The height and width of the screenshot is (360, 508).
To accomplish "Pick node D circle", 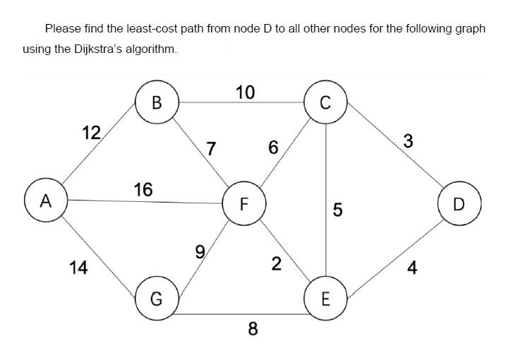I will point(459,205).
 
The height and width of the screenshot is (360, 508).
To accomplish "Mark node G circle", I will point(157,299).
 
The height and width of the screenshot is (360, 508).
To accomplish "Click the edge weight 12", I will point(90,132).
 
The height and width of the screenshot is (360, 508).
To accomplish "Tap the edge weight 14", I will point(79,268).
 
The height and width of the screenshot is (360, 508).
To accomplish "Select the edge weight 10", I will point(246,92).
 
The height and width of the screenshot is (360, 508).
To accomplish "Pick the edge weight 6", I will point(273,148).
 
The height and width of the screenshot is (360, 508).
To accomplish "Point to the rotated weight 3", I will point(408,140).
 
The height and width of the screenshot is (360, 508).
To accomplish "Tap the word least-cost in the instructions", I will point(168,29).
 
